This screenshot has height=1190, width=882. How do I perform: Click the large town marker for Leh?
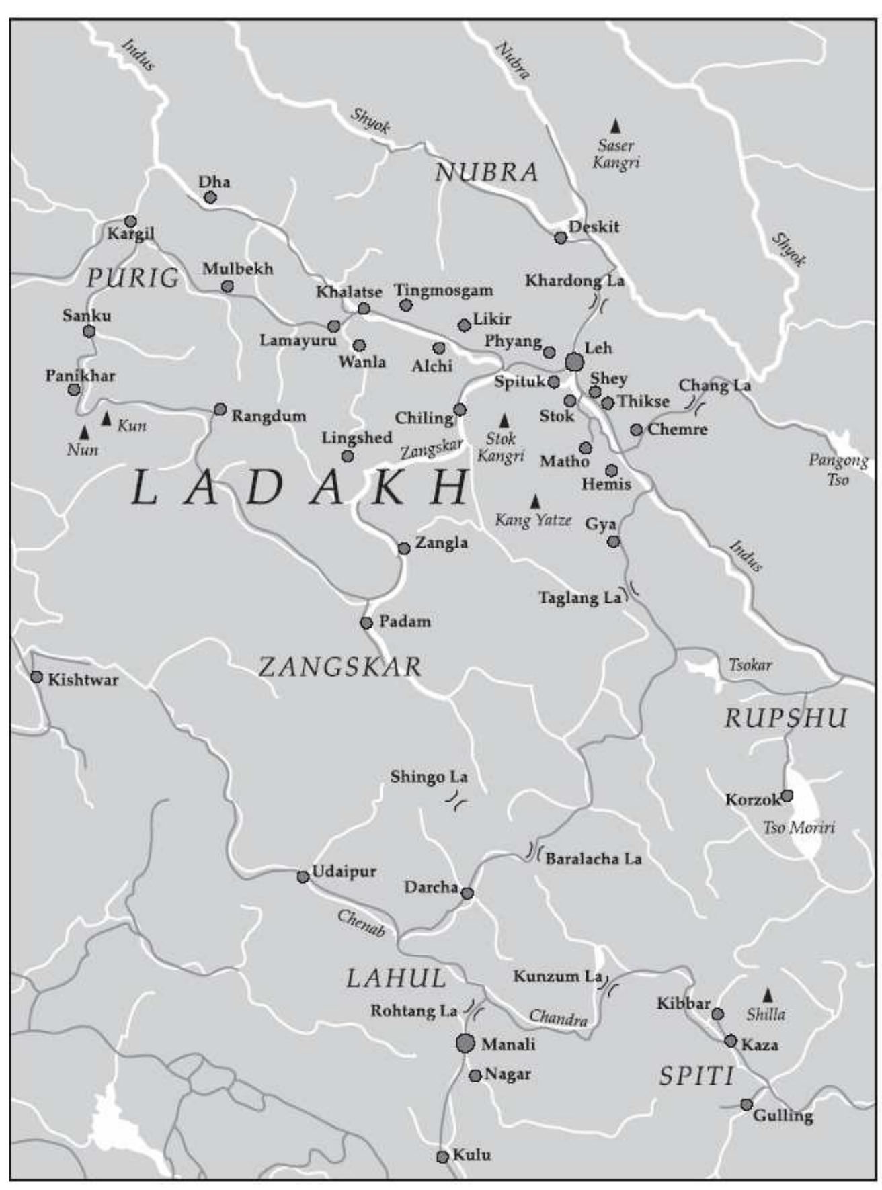573,362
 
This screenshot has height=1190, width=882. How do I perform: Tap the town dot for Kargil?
130,221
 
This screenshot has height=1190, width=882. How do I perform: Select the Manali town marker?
465,1044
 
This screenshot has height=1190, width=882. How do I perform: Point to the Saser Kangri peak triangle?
615,126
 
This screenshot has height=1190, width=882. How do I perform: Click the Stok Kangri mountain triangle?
504,421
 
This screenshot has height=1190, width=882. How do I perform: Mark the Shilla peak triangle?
767,994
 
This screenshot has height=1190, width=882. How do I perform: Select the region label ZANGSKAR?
340,667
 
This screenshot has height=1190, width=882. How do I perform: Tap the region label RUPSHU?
785,718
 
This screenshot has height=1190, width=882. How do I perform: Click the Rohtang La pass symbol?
475,1009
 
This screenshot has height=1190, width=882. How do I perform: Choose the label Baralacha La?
593,859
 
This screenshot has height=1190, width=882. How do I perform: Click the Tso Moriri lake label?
799,828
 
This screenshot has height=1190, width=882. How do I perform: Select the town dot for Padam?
366,623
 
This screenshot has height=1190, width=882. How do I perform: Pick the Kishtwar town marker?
36,677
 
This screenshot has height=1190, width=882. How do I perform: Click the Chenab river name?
361,923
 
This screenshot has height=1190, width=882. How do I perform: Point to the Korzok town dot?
786,796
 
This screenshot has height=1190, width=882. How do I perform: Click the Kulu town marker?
442,1157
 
